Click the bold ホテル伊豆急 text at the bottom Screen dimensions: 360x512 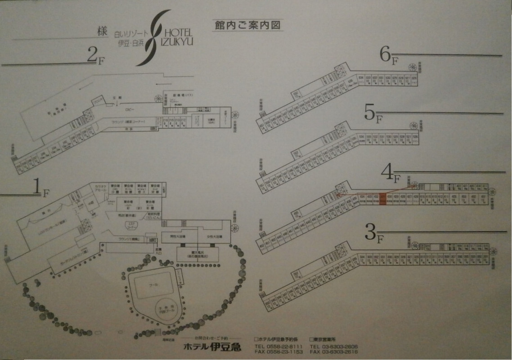click(212, 346)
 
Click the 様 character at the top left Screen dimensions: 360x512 click(101, 32)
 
